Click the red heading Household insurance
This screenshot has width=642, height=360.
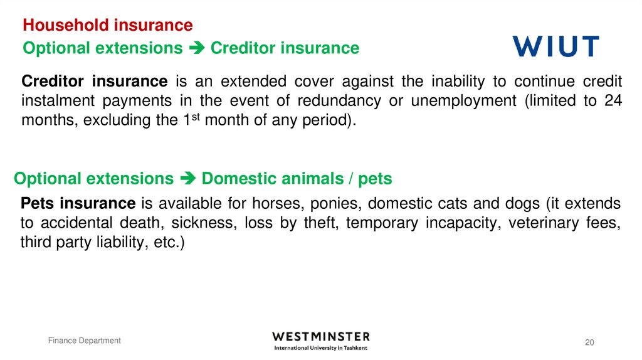coord(107,25)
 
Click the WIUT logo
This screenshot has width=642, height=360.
coord(555,46)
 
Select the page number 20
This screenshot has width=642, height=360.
coord(589,342)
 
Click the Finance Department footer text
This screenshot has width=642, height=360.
coord(85,341)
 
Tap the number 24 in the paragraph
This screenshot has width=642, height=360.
coord(613,101)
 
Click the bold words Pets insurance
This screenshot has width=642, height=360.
coord(78,203)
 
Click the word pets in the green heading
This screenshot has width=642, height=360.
coord(375,179)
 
